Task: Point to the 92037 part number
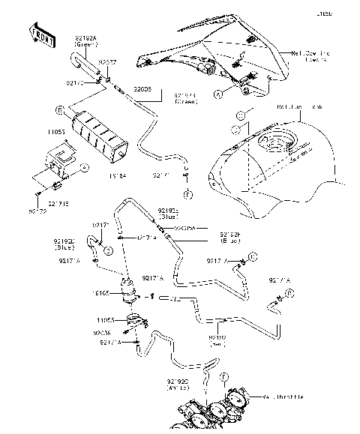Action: pyautogui.click(x=109, y=63)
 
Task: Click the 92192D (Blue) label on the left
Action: pyautogui.click(x=64, y=244)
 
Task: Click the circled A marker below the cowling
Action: pyautogui.click(x=218, y=94)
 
